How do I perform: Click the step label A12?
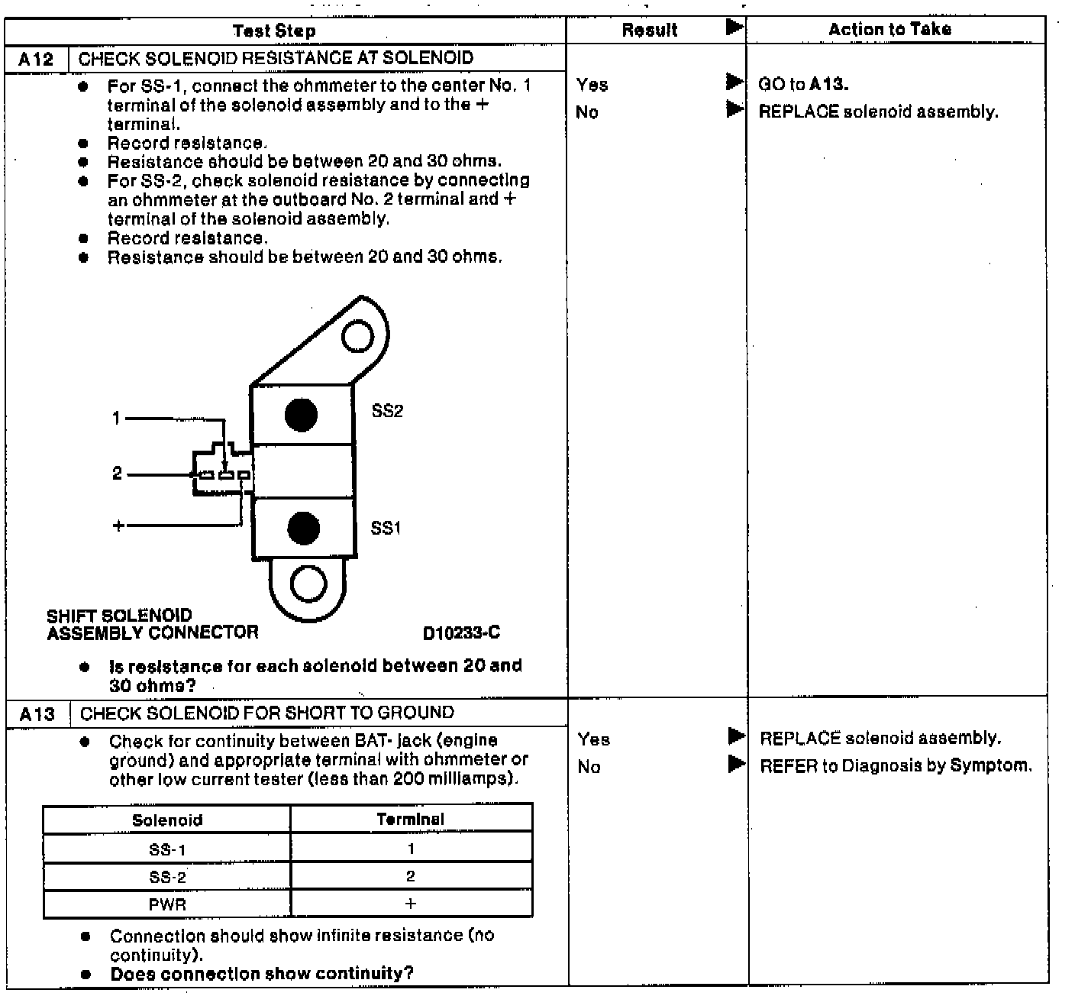[36, 59]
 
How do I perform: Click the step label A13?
[37, 714]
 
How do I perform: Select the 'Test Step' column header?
[274, 31]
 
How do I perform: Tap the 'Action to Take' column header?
[889, 30]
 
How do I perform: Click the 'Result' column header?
[650, 31]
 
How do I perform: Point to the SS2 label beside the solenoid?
[387, 411]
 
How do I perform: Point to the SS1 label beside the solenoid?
[386, 528]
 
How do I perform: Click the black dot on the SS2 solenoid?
[301, 415]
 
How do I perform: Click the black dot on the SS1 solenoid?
[303, 529]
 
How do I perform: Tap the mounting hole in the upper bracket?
[357, 336]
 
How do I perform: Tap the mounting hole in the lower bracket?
[308, 585]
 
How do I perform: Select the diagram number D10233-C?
[461, 633]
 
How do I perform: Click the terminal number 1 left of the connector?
[116, 418]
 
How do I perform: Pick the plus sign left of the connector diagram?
[118, 525]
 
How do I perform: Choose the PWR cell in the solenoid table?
[167, 904]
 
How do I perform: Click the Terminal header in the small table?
[410, 820]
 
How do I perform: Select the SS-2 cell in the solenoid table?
[167, 877]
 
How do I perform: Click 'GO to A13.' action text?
[803, 84]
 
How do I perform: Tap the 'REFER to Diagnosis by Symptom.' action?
[896, 765]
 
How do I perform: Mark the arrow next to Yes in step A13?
[736, 737]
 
